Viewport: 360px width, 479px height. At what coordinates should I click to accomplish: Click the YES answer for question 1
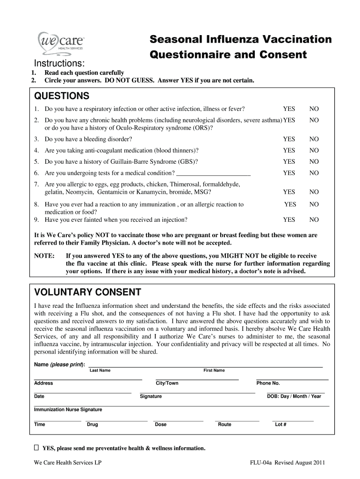(x=289, y=109)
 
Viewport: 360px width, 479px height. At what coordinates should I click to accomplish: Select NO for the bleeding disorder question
(x=314, y=139)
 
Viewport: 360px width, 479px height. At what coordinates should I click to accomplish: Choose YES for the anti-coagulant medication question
(x=289, y=150)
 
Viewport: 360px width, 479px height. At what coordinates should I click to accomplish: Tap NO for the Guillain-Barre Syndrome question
(x=314, y=161)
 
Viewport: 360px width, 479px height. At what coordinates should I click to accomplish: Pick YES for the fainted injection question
(x=289, y=219)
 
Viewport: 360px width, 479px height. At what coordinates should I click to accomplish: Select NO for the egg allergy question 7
(x=314, y=192)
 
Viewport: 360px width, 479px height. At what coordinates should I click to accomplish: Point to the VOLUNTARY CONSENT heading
(x=88, y=292)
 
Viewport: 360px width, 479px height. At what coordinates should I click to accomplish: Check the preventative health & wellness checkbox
(x=36, y=448)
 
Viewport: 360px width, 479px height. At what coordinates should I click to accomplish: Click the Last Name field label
(x=100, y=370)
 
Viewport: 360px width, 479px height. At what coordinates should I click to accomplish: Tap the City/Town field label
(x=167, y=383)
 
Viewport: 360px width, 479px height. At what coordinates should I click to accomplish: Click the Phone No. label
(x=268, y=383)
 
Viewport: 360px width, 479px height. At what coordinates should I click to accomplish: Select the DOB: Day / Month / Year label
(x=294, y=396)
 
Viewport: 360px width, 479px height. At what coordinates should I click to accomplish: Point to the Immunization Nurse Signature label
(x=68, y=409)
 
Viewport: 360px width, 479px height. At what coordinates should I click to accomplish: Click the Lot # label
(x=281, y=424)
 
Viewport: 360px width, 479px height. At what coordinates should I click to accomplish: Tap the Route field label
(x=224, y=424)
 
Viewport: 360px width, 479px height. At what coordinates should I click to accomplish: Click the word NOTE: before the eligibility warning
(x=44, y=256)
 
